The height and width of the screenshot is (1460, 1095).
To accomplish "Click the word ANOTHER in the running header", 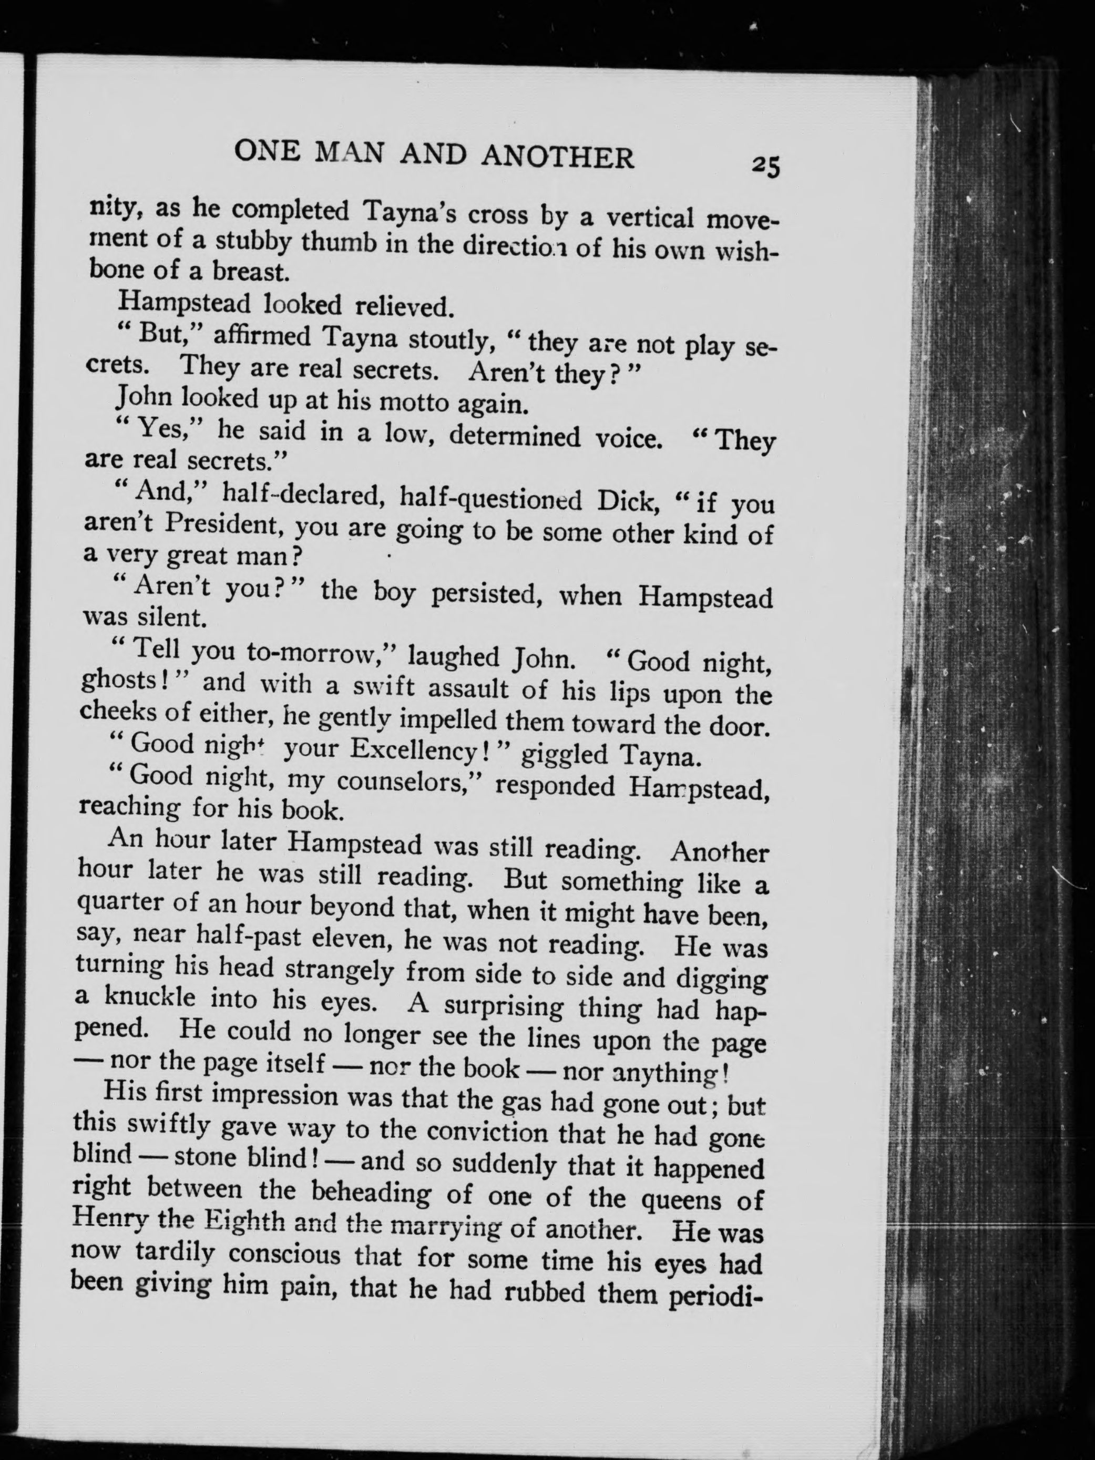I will click(x=558, y=157).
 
